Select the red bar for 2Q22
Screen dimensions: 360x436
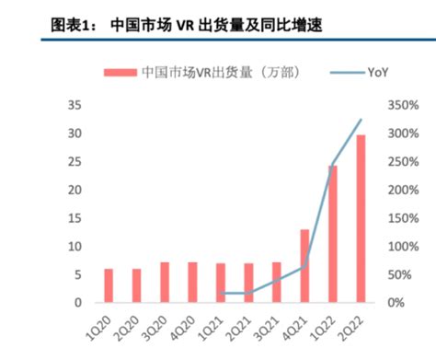coord(361,219)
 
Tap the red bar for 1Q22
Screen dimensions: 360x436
coord(332,234)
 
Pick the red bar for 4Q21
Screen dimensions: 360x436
coord(304,265)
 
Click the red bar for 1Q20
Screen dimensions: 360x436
coord(109,285)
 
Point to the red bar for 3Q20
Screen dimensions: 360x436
coord(165,283)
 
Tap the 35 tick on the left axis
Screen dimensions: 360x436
coord(75,106)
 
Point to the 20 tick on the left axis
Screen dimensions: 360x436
coord(75,191)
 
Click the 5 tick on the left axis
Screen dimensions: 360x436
coord(78,274)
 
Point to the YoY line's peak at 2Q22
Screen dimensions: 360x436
coord(361,120)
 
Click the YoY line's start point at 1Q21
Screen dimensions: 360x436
coord(221,293)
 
